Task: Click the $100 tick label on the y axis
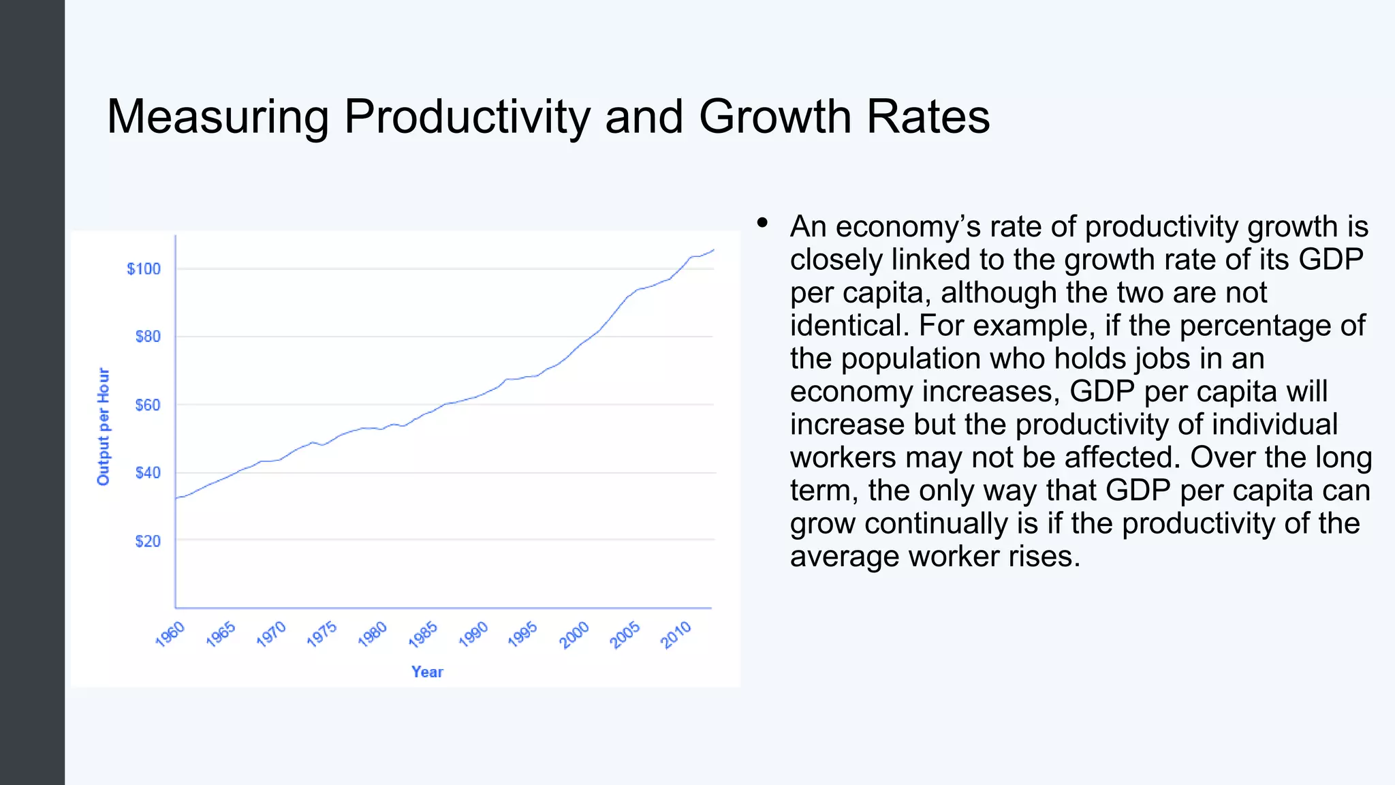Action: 144,269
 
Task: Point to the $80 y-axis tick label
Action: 148,337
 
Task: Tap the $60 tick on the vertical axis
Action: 148,405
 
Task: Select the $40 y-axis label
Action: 148,473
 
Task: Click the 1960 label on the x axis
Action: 170,634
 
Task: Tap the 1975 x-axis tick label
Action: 322,634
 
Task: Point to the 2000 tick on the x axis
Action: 575,634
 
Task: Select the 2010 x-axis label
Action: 676,634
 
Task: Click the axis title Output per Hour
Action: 104,427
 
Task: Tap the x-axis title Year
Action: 427,673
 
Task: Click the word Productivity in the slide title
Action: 467,117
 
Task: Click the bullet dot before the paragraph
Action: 762,223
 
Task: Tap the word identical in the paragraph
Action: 849,326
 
